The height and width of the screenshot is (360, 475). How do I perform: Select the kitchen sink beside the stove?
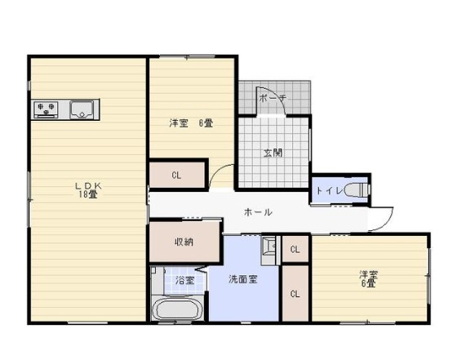(82, 109)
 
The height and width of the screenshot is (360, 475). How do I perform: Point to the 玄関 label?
(273, 153)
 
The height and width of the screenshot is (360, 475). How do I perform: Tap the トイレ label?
(327, 191)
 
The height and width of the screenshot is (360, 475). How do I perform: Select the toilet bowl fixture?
(356, 190)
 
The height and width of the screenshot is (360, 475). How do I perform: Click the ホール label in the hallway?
(258, 212)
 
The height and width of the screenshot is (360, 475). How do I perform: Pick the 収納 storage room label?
(184, 242)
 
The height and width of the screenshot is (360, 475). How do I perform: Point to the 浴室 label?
(185, 280)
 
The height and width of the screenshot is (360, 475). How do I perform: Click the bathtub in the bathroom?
(177, 310)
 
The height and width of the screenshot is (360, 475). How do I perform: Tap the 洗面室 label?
(242, 278)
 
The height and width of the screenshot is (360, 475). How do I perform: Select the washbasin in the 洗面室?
(269, 246)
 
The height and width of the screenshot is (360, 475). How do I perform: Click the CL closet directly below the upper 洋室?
(176, 176)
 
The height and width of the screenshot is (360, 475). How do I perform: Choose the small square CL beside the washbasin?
(295, 249)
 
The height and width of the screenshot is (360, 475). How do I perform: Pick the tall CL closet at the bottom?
(294, 293)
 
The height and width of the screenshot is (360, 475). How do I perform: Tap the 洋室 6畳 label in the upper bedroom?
(191, 123)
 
